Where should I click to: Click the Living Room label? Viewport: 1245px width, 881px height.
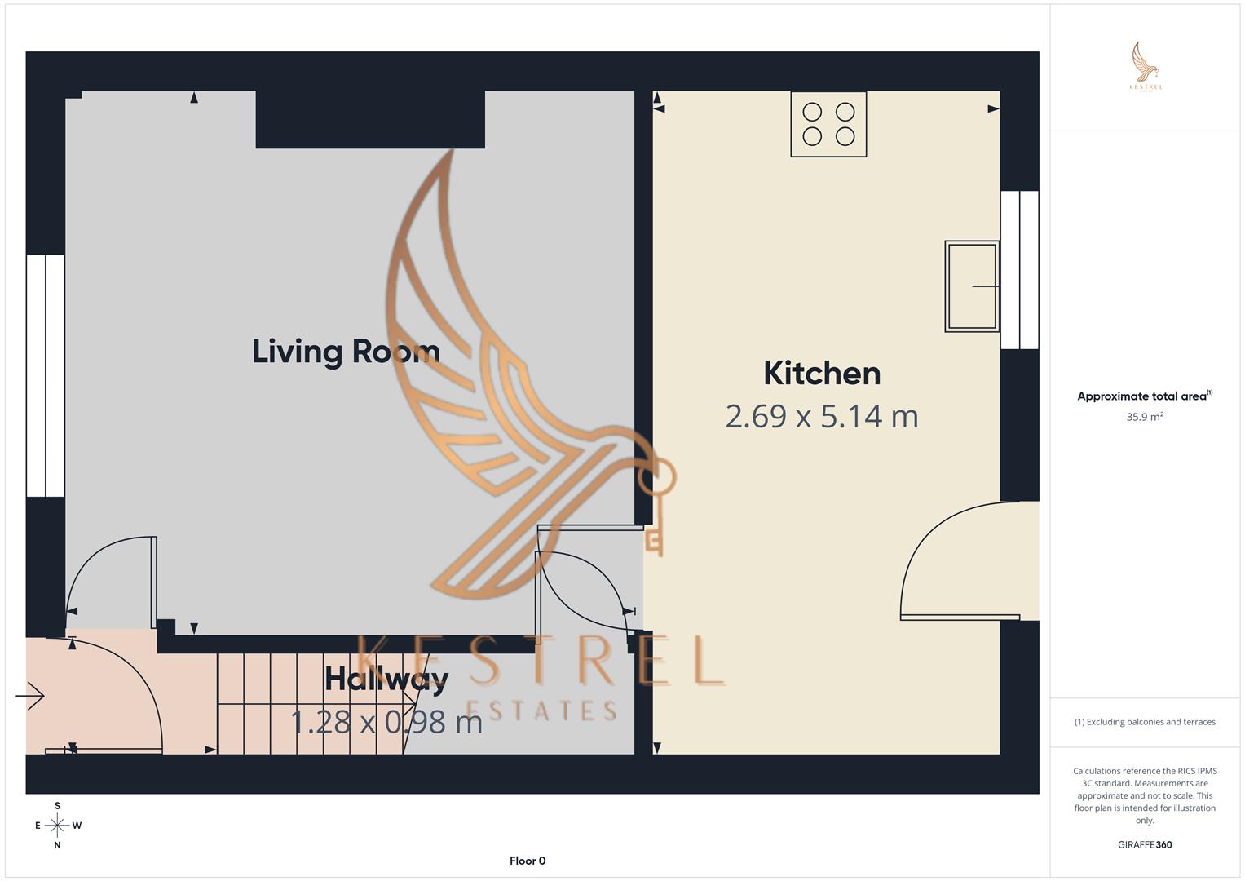pyautogui.click(x=346, y=352)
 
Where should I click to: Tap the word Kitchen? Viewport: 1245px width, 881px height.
pyautogui.click(x=822, y=374)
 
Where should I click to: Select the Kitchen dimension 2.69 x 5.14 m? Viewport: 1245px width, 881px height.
pyautogui.click(x=822, y=417)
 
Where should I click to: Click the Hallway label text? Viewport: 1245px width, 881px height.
pyautogui.click(x=386, y=679)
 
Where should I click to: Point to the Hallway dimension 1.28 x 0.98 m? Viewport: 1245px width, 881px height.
pyautogui.click(x=386, y=722)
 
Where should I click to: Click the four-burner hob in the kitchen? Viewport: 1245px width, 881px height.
pyautogui.click(x=828, y=124)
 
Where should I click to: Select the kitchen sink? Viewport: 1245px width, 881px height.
pyautogui.click(x=972, y=286)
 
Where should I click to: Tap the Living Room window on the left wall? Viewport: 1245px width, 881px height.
pyautogui.click(x=45, y=375)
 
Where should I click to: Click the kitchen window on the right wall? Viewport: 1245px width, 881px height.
pyautogui.click(x=1019, y=270)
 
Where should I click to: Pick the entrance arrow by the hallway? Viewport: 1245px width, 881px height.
pyautogui.click(x=30, y=696)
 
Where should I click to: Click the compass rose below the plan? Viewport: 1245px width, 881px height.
pyautogui.click(x=57, y=826)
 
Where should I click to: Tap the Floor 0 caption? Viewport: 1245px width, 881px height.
pyautogui.click(x=528, y=861)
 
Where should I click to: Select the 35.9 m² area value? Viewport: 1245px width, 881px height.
pyautogui.click(x=1145, y=417)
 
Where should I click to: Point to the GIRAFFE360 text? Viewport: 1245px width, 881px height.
pyautogui.click(x=1145, y=845)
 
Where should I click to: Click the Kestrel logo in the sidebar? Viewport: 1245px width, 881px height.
pyautogui.click(x=1146, y=68)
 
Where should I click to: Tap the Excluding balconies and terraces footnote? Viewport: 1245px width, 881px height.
pyautogui.click(x=1145, y=722)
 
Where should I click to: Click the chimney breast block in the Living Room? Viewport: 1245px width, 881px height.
pyautogui.click(x=370, y=120)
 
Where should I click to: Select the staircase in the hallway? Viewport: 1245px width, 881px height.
pyautogui.click(x=310, y=703)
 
